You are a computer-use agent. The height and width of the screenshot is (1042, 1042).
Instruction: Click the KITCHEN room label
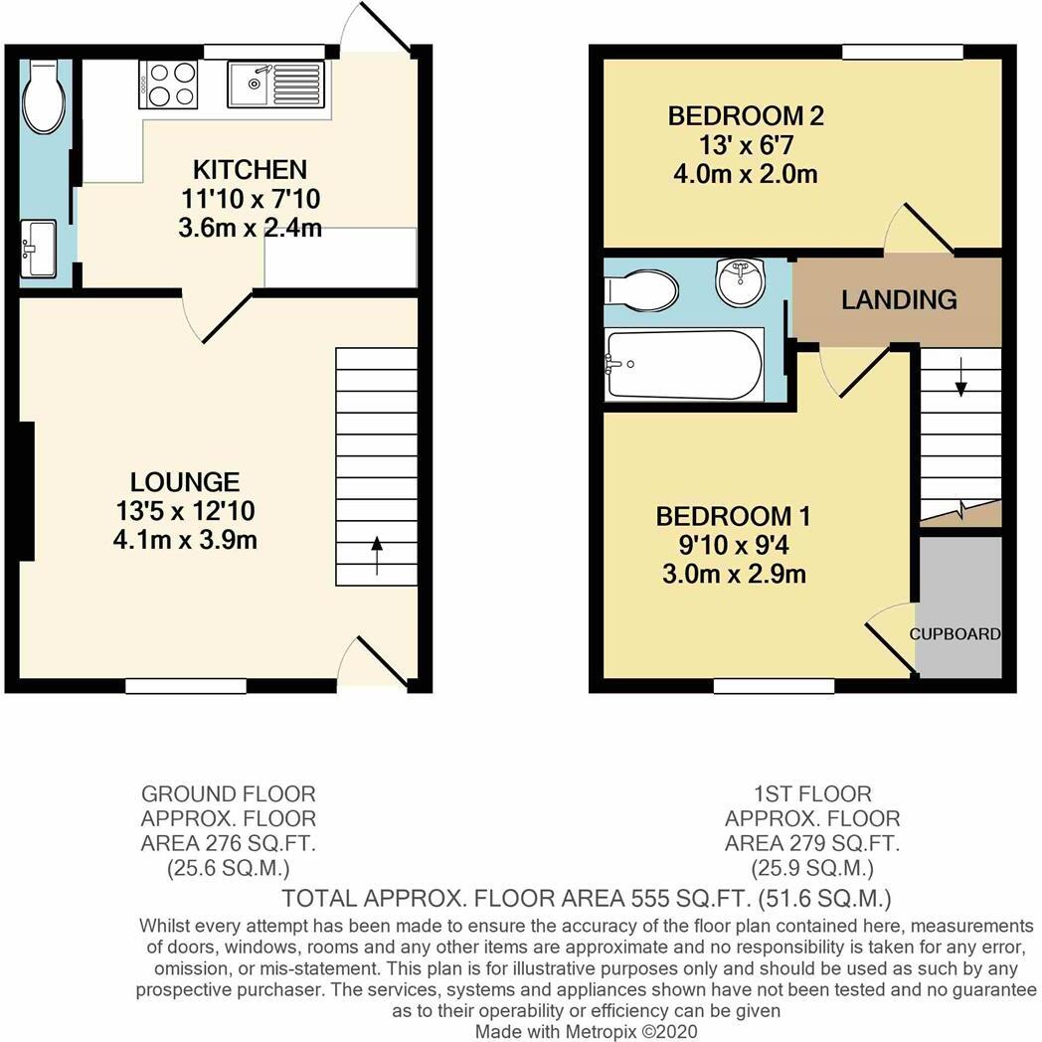[250, 169]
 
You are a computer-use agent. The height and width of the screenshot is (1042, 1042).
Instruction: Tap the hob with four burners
[169, 84]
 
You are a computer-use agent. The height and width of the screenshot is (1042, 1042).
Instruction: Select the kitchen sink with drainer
[276, 85]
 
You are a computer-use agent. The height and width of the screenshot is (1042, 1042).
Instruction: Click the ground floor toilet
[45, 97]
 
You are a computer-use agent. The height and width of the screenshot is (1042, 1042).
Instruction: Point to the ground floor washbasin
[39, 247]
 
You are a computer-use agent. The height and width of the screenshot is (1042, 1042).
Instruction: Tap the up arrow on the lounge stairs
[377, 545]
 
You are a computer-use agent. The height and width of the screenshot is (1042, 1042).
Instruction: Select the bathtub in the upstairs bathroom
[684, 365]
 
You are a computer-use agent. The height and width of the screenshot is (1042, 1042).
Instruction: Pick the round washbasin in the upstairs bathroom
[740, 281]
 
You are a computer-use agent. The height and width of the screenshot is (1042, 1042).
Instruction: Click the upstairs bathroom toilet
[641, 290]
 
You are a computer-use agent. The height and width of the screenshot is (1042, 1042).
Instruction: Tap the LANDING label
[899, 299]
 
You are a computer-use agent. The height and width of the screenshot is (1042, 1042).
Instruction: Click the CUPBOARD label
[955, 634]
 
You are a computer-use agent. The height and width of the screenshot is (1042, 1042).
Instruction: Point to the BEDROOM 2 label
[745, 116]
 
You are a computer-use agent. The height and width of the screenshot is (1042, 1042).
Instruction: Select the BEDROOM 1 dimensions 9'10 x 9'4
[733, 545]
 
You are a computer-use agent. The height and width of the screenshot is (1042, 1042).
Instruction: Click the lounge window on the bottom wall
[186, 685]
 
